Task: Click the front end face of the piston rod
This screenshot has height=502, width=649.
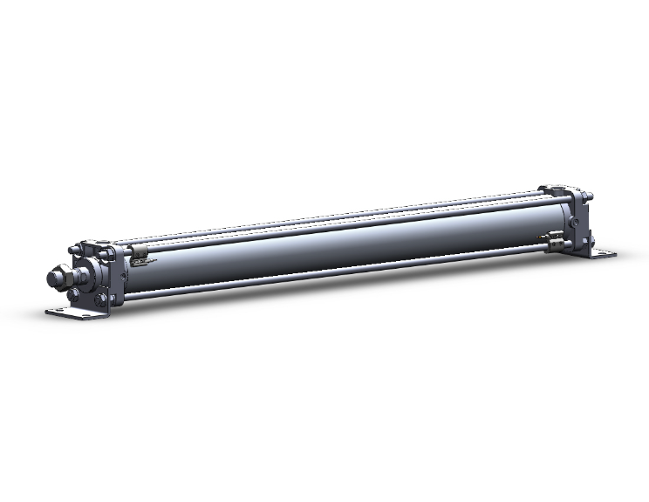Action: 51,279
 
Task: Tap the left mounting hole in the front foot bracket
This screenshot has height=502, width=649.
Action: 60,312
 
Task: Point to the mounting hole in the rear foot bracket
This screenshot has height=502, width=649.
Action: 603,254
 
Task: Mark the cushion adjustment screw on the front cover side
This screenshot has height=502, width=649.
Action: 122,276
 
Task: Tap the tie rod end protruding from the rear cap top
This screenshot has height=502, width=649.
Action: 590,196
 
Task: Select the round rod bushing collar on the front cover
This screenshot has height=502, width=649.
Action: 85,278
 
